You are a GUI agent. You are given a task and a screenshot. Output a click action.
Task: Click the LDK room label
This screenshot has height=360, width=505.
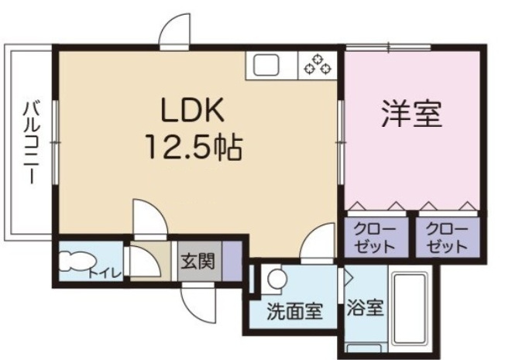pos(192,109)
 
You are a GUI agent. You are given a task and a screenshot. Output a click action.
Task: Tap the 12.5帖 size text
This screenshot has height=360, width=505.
pos(194,147)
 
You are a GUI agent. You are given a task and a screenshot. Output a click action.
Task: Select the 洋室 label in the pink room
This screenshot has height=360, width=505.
pos(411,113)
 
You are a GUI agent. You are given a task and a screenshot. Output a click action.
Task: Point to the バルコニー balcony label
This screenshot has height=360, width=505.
pos(32,142)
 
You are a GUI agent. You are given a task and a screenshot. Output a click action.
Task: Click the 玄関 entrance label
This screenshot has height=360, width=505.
pos(198,260)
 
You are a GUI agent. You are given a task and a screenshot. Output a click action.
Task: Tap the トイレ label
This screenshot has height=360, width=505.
pos(105,273)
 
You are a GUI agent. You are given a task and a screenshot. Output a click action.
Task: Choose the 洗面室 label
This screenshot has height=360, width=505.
pos(294,311)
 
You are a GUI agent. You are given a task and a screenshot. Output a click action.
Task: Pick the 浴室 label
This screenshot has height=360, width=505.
pos(365,307)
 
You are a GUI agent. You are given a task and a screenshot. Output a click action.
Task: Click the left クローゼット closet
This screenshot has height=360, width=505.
pos(376,238)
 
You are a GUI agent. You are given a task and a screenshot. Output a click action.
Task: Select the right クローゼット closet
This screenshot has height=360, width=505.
pos(448,238)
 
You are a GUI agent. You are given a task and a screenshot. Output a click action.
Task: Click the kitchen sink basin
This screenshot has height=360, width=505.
pos(266,65)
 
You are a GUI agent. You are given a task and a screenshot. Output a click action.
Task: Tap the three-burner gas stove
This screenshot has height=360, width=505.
pos(318,65)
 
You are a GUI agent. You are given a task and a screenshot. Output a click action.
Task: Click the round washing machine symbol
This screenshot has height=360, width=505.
pos(277,279)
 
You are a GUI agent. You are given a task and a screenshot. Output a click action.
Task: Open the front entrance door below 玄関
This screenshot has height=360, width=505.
pos(199,303)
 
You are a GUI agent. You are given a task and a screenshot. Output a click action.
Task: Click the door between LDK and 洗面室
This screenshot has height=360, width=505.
pos(318,241)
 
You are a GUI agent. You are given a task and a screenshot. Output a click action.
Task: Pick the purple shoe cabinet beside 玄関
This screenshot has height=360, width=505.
pos(232,261)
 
